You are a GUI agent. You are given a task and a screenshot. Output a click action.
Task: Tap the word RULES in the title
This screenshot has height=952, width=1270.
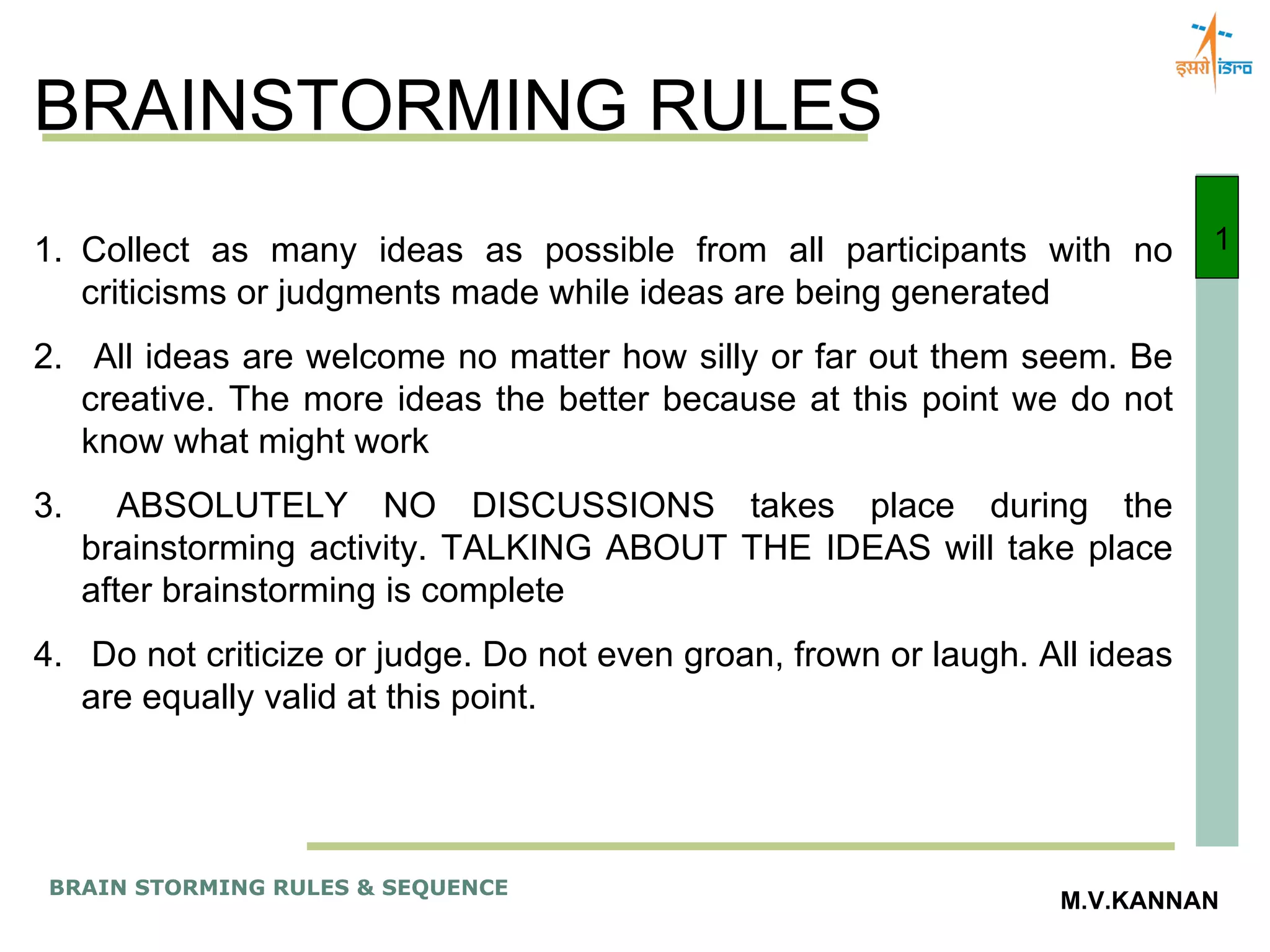tap(764, 105)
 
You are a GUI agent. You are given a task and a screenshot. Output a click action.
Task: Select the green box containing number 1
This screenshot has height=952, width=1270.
tap(1217, 227)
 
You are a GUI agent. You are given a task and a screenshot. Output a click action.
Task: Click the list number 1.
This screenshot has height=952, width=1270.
tap(47, 251)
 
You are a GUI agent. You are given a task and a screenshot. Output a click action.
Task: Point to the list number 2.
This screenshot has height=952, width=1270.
tap(47, 358)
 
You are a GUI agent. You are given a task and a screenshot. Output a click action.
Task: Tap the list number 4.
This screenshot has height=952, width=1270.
tap(47, 655)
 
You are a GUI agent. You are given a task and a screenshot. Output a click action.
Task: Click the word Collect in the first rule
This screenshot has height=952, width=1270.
tap(135, 251)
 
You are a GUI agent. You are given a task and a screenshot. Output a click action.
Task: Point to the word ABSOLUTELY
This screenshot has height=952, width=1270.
tap(232, 506)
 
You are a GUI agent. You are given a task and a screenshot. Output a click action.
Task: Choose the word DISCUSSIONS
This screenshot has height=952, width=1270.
tap(592, 506)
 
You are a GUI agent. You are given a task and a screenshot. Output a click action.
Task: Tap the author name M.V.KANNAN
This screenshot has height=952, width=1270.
tap(1139, 901)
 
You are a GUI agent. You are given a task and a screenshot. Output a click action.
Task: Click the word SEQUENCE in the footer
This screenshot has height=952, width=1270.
tap(445, 888)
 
